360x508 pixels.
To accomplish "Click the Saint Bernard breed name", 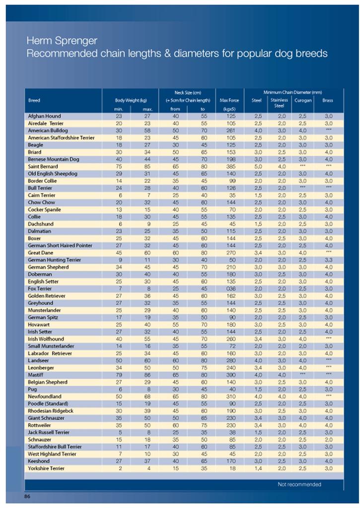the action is [x=43, y=167].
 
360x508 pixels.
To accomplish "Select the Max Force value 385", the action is [x=230, y=167].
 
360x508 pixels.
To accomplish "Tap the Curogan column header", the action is [x=303, y=100].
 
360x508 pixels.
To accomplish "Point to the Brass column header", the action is [x=328, y=100].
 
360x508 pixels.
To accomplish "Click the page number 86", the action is [x=28, y=496].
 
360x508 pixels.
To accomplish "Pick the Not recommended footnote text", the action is [x=299, y=484].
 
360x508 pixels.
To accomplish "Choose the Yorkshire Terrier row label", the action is [x=46, y=468].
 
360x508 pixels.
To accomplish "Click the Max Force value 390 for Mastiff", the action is [x=230, y=375].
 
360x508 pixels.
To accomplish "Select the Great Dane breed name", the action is [x=41, y=253].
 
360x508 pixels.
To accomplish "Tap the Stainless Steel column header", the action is [x=279, y=103].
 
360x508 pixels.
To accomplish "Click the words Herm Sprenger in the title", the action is [x=62, y=41].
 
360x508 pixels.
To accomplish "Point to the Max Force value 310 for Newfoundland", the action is [x=230, y=396].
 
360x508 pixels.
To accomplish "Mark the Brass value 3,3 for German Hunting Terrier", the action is [x=329, y=260].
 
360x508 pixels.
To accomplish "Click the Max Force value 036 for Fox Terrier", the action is [x=230, y=289].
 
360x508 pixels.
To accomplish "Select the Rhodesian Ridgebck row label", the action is [x=51, y=411].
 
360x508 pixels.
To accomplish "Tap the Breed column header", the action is [x=34, y=100].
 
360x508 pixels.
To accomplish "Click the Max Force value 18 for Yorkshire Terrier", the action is [x=232, y=468].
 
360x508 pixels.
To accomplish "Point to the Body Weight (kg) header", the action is [x=131, y=100].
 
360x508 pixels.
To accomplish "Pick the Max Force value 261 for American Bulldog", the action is [x=230, y=130].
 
